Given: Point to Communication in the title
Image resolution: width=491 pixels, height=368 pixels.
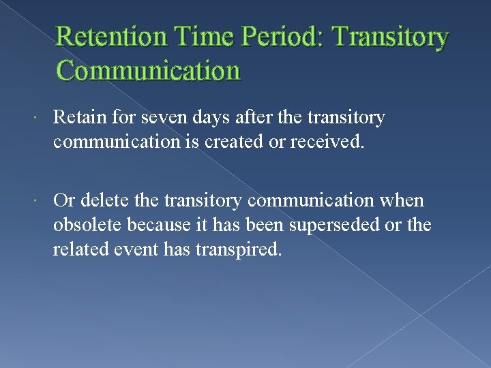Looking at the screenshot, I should tap(148, 70).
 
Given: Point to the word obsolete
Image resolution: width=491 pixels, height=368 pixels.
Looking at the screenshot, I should tap(87, 225).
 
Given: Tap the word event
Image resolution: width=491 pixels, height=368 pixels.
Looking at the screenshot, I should tap(136, 249).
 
